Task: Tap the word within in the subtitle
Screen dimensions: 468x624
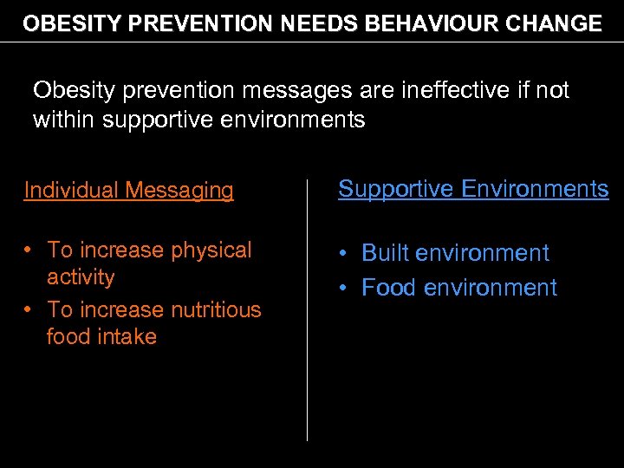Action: coord(64,120)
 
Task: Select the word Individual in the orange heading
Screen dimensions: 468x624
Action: coord(72,190)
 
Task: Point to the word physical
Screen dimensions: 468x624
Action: coord(211,250)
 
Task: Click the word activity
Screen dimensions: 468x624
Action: coord(81,277)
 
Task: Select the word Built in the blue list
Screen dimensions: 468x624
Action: coord(386,253)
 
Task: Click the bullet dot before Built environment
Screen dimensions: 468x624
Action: coord(344,253)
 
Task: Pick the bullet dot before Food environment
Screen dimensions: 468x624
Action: coord(344,287)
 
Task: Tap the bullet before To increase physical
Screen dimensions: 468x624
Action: coord(29,250)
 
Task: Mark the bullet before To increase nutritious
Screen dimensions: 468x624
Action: coord(29,309)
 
